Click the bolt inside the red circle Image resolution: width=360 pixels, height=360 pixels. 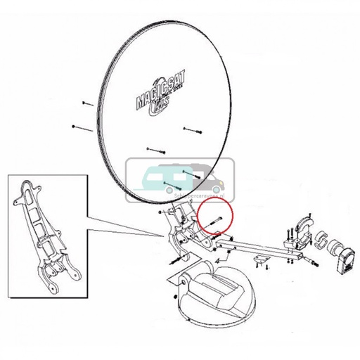pos(216,220)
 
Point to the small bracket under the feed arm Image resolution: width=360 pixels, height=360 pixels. pos(261,261)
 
